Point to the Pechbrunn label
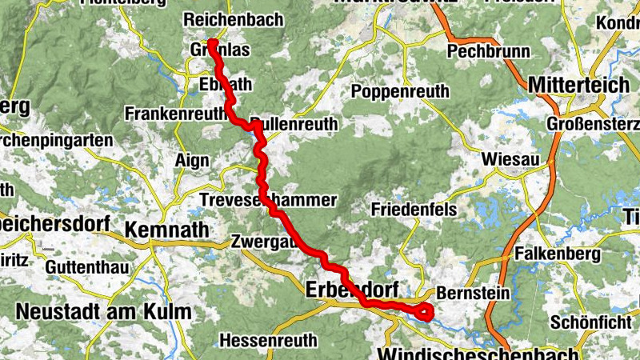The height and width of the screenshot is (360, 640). [489, 52]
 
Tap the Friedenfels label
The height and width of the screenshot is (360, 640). [414, 209]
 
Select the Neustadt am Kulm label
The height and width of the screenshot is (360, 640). [104, 311]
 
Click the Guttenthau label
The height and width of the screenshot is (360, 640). [89, 266]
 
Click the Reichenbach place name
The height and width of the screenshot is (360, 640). [233, 19]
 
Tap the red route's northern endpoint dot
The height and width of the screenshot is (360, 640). [213, 43]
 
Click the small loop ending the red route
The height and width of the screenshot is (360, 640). [423, 312]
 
